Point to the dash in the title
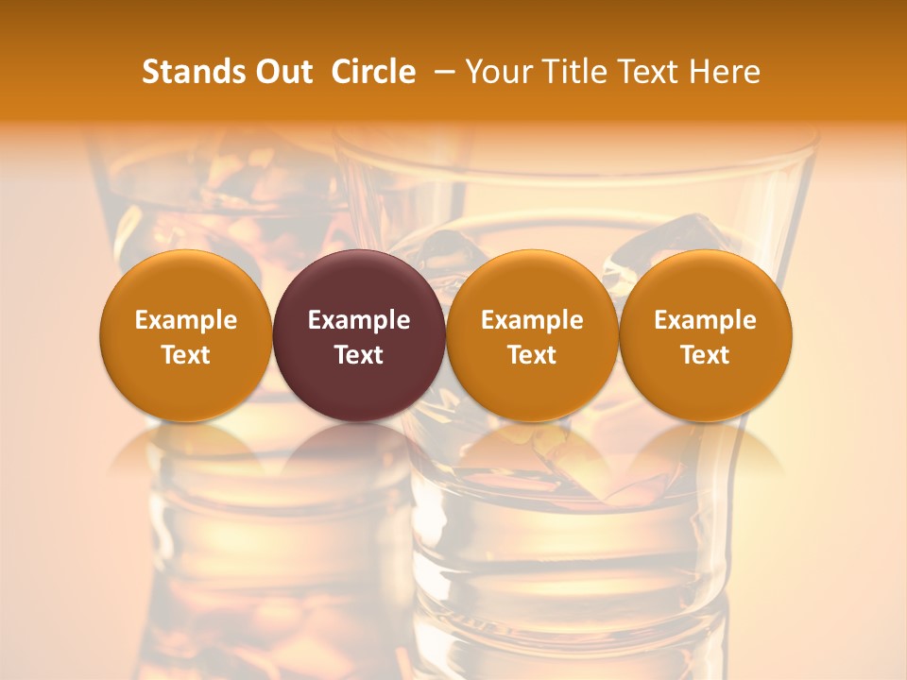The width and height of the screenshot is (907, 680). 440,72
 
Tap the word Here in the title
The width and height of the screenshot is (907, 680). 726,72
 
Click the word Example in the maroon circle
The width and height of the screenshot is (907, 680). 359,320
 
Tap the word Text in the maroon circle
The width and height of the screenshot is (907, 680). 359,355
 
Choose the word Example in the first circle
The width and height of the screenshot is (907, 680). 186,320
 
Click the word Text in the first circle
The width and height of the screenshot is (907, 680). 186,355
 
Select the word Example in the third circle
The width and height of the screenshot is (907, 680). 532,320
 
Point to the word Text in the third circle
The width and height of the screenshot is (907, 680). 532,355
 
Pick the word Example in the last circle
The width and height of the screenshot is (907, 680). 705,320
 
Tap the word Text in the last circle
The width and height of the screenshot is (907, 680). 705,355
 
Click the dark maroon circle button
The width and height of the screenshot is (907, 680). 359,283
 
